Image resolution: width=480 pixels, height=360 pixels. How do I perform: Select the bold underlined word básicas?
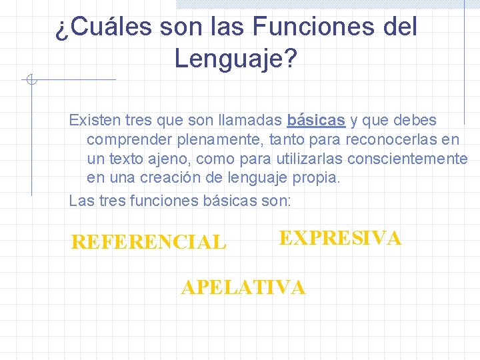coord(316,121)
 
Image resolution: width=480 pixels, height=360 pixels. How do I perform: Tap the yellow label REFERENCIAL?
coord(149,243)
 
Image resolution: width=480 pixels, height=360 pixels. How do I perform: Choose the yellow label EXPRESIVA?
coord(340,239)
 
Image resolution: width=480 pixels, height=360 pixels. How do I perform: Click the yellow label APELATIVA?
coord(243,287)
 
